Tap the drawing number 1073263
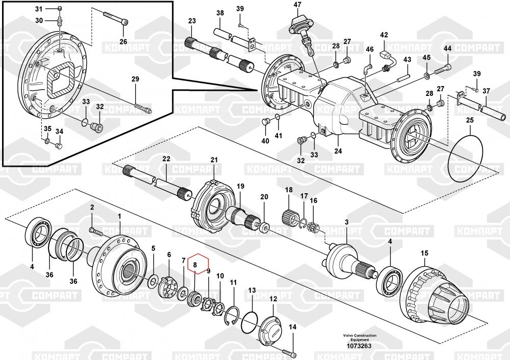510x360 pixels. point(360,346)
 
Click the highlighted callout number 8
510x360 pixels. point(195,265)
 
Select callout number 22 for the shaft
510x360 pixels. point(166,159)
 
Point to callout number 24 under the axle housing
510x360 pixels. point(338,151)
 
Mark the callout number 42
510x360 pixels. point(384,35)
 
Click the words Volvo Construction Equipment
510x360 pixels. point(360,338)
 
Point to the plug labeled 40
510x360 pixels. point(265,122)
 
